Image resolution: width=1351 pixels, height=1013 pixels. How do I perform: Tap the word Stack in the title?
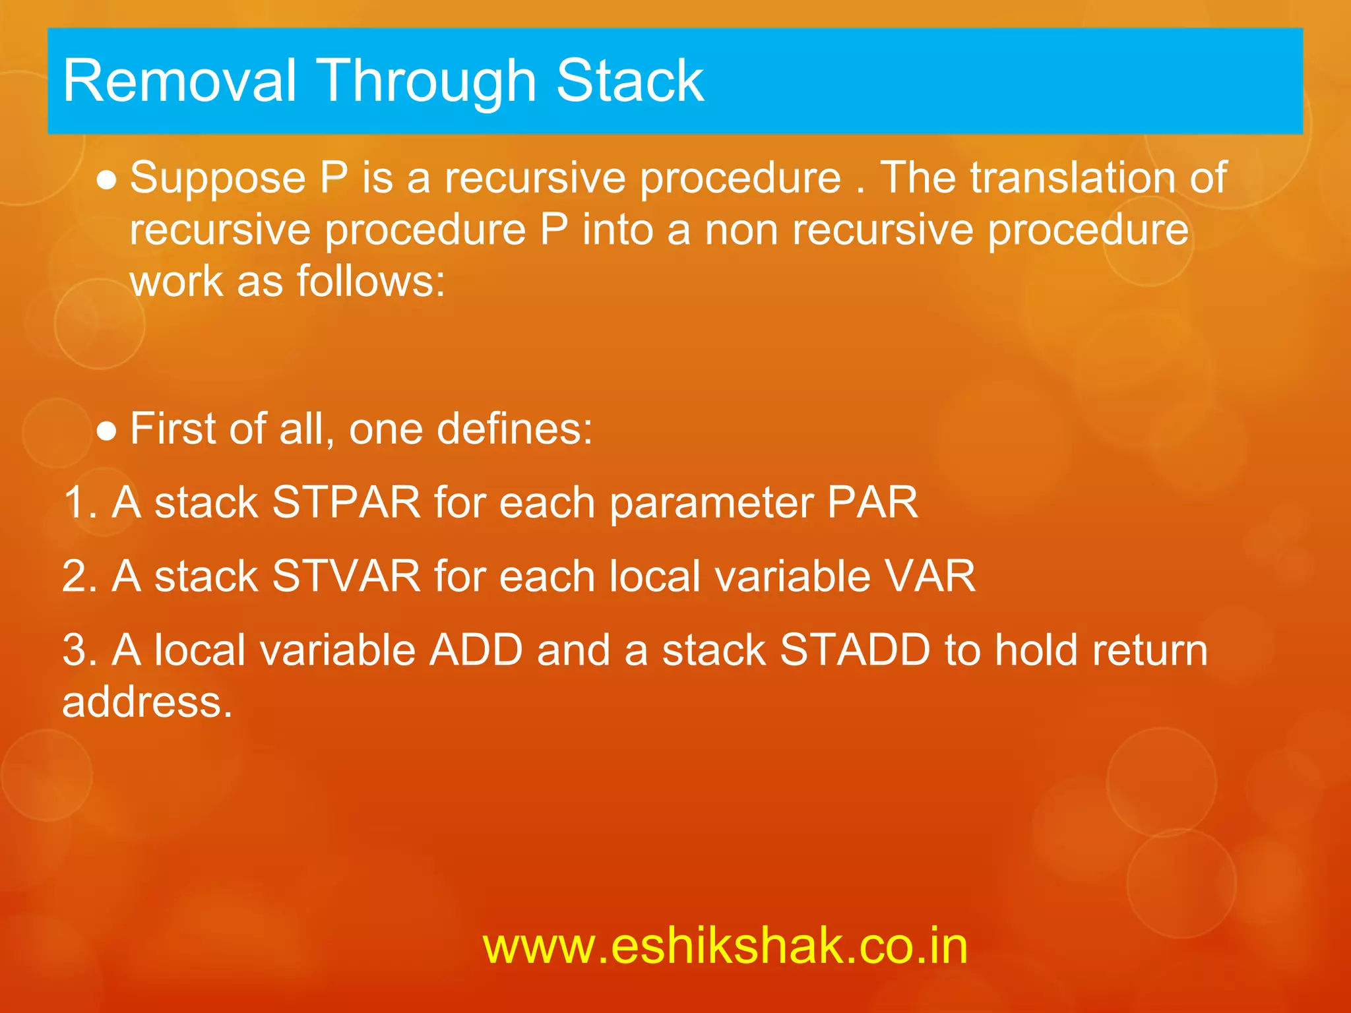click(x=630, y=81)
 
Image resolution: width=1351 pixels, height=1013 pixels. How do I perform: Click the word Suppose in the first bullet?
click(x=218, y=178)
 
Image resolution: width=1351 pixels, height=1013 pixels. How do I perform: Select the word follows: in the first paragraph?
click(x=371, y=282)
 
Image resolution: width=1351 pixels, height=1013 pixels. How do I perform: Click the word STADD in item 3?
click(x=855, y=650)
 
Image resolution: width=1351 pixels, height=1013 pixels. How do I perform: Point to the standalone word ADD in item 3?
click(x=476, y=650)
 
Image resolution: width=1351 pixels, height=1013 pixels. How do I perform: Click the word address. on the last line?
click(x=147, y=702)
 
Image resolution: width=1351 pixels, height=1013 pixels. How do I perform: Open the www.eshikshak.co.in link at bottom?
click(x=725, y=946)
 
